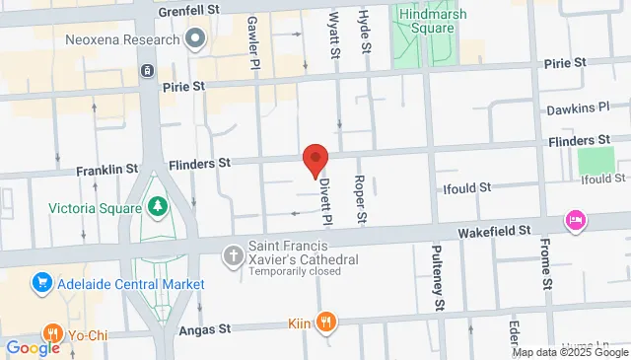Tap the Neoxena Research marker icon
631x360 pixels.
(x=194, y=39)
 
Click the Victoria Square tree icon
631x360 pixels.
(x=156, y=207)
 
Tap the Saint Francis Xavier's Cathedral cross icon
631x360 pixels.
(x=234, y=255)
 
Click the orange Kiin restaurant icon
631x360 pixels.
(x=327, y=322)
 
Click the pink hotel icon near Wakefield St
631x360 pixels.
(x=574, y=219)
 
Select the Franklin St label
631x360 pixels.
(x=106, y=171)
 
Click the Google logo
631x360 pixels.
(x=33, y=347)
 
